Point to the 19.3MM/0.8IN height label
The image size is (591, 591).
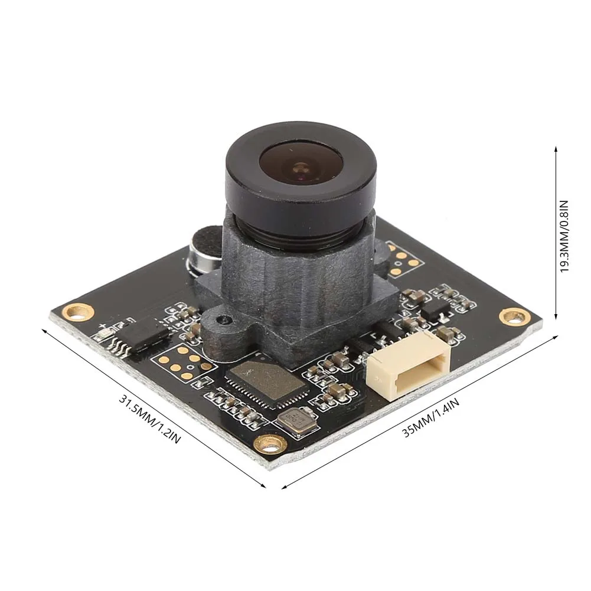coord(564,234)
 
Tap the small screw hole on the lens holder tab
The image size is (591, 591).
coord(224,320)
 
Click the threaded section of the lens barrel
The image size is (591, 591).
coord(299,231)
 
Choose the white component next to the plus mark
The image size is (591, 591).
coord(102,334)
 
